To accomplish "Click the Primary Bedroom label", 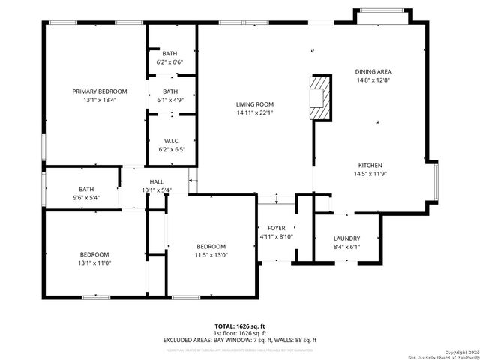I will tap(100, 91).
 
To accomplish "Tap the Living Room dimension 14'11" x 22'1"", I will tap(255, 113).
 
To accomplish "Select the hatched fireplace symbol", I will tap(321, 97).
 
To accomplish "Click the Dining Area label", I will tap(373, 72).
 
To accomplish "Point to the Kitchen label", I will tap(370, 165).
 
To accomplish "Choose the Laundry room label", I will tap(346, 238).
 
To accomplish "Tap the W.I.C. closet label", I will tap(171, 140).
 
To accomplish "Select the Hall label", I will tap(157, 181).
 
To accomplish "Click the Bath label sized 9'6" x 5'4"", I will tap(86, 189).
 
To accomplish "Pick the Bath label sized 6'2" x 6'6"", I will tap(171, 53).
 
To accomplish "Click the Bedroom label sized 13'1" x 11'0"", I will tap(94, 254).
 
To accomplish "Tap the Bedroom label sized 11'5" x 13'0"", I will tap(211, 247).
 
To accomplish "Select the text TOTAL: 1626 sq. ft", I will tap(240, 326).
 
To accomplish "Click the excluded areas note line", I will tap(240, 340).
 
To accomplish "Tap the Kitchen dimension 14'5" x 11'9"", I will tap(370, 173).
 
